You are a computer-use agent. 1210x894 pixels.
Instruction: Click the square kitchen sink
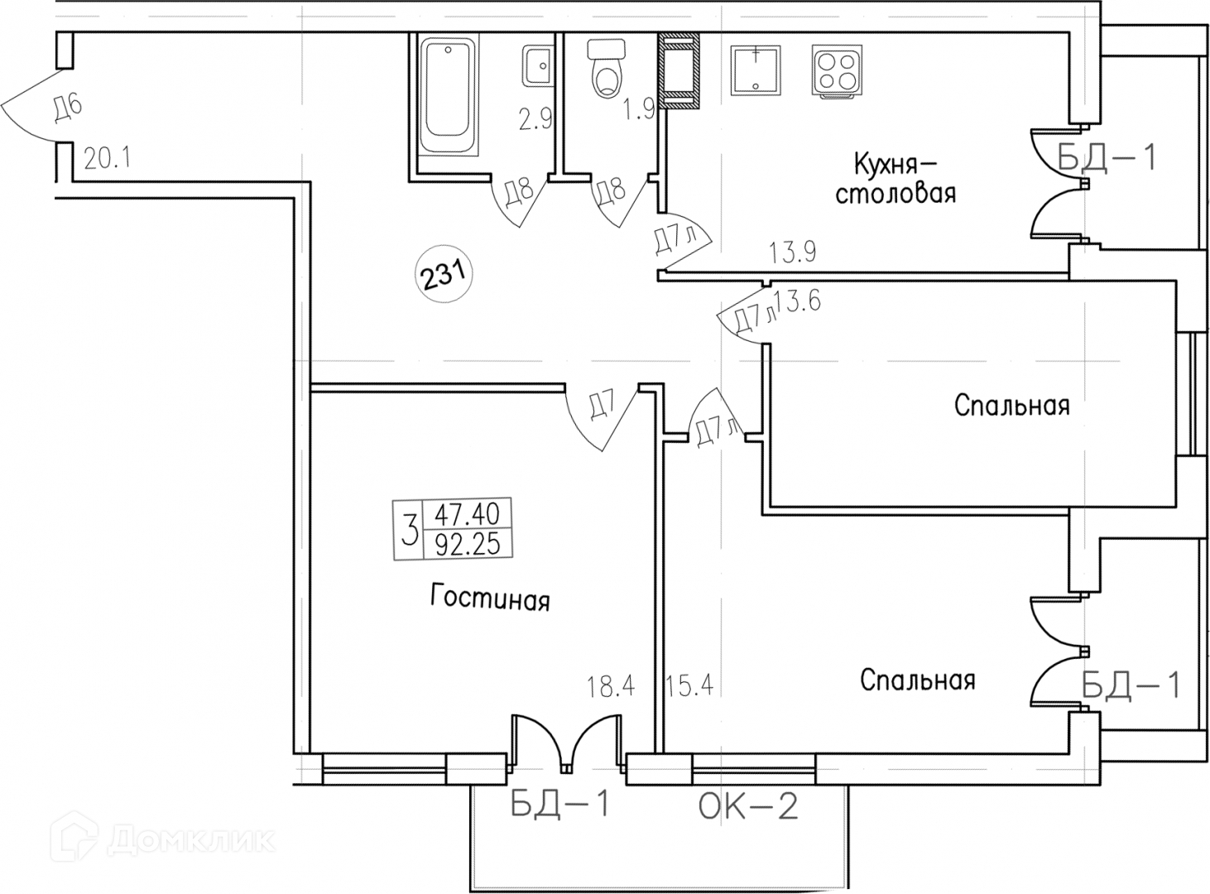(x=756, y=70)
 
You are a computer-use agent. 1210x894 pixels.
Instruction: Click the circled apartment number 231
(x=443, y=273)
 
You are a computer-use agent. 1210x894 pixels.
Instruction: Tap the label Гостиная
(x=490, y=598)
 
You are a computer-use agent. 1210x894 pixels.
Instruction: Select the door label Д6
(x=67, y=108)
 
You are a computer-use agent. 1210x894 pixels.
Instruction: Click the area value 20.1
(x=108, y=157)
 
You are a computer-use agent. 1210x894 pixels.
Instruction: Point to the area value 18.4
(x=610, y=686)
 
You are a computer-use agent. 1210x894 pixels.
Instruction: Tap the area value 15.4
(x=689, y=686)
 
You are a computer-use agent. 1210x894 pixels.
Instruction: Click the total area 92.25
(x=467, y=544)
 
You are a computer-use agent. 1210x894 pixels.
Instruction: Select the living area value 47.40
(x=467, y=514)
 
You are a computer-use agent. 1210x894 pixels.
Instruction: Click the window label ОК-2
(x=748, y=805)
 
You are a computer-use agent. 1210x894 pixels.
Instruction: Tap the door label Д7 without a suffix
(x=603, y=407)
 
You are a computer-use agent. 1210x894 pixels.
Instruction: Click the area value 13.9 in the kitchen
(x=792, y=252)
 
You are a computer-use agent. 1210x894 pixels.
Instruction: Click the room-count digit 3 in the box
(x=409, y=530)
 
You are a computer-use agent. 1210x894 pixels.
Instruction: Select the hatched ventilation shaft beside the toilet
(x=679, y=72)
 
